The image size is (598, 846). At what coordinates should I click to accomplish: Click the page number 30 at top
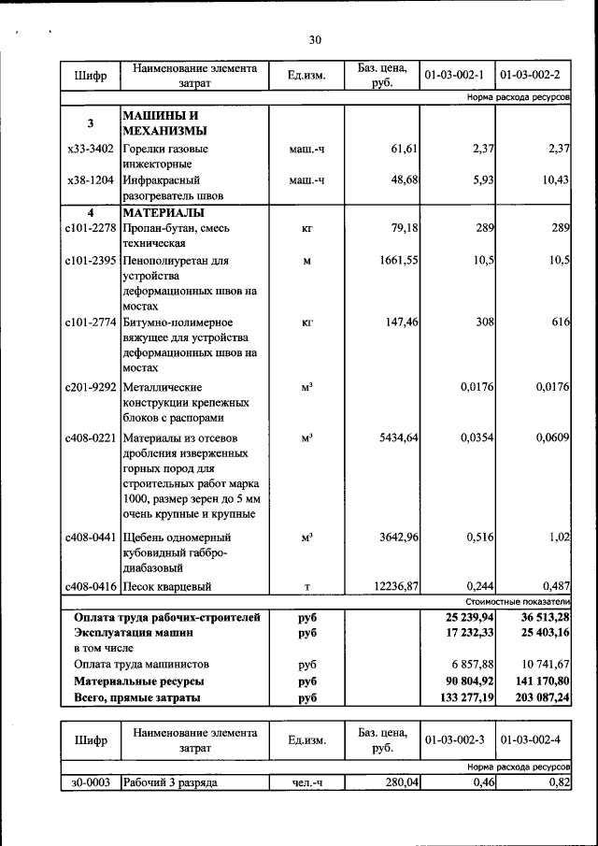[315, 39]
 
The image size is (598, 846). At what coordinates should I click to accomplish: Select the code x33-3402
[91, 149]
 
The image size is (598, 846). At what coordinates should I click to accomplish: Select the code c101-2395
[91, 260]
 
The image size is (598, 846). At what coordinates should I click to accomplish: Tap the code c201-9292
[91, 386]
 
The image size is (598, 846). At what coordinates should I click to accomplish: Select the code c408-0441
[91, 538]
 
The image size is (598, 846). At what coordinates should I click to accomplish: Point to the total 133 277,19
[458, 697]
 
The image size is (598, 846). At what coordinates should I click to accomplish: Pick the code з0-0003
[91, 782]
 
